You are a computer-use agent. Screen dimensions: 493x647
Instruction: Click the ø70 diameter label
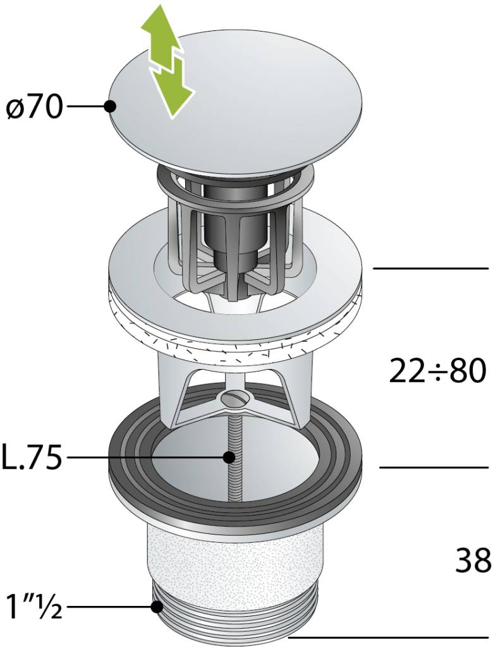pyautogui.click(x=35, y=108)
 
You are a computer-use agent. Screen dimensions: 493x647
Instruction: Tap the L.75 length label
pyautogui.click(x=32, y=457)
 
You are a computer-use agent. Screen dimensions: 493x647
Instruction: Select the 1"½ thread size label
pyautogui.click(x=35, y=607)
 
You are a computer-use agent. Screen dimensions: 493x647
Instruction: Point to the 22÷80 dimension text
pyautogui.click(x=437, y=371)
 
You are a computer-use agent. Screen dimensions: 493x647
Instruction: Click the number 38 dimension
pyautogui.click(x=473, y=560)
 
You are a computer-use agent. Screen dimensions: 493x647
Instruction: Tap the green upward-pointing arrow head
pyautogui.click(x=159, y=25)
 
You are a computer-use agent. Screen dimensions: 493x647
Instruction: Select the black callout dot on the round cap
pyautogui.click(x=110, y=106)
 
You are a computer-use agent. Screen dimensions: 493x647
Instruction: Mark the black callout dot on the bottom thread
pyautogui.click(x=157, y=607)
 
